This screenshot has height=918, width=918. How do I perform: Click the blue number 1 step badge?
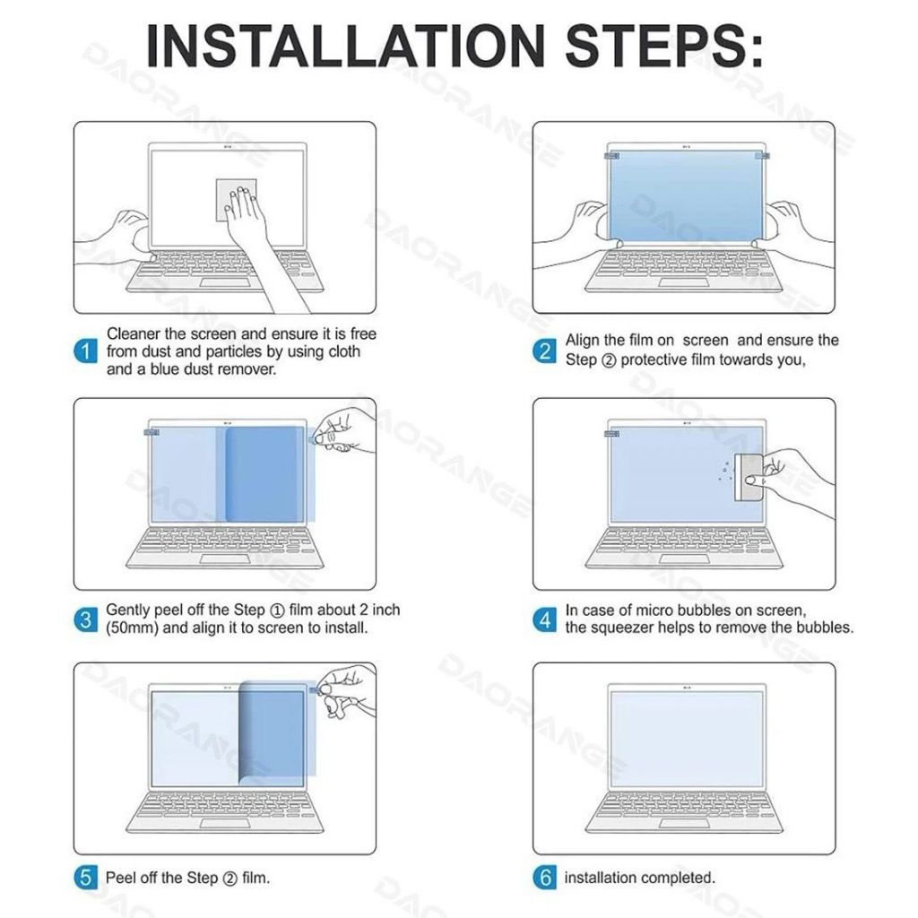pyautogui.click(x=85, y=351)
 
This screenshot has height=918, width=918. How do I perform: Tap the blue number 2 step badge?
pyautogui.click(x=544, y=351)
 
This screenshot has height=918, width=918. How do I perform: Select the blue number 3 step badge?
pyautogui.click(x=85, y=619)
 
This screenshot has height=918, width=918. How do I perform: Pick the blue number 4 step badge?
pyautogui.click(x=544, y=619)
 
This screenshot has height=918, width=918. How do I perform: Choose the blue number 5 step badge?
pyautogui.click(x=85, y=878)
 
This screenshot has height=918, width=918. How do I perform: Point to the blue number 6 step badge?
pyautogui.click(x=544, y=878)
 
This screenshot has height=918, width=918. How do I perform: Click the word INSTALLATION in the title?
pyautogui.click(x=345, y=47)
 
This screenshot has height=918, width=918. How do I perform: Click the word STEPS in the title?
pyautogui.click(x=658, y=47)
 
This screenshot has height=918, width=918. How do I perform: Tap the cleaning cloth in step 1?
pyautogui.click(x=236, y=200)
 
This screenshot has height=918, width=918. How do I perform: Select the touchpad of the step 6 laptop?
pyautogui.click(x=683, y=824)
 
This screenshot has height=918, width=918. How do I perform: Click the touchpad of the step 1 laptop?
pyautogui.click(x=225, y=283)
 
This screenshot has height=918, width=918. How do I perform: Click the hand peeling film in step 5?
pyautogui.click(x=345, y=694)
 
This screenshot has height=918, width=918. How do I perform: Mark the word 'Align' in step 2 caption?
pyautogui.click(x=582, y=341)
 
